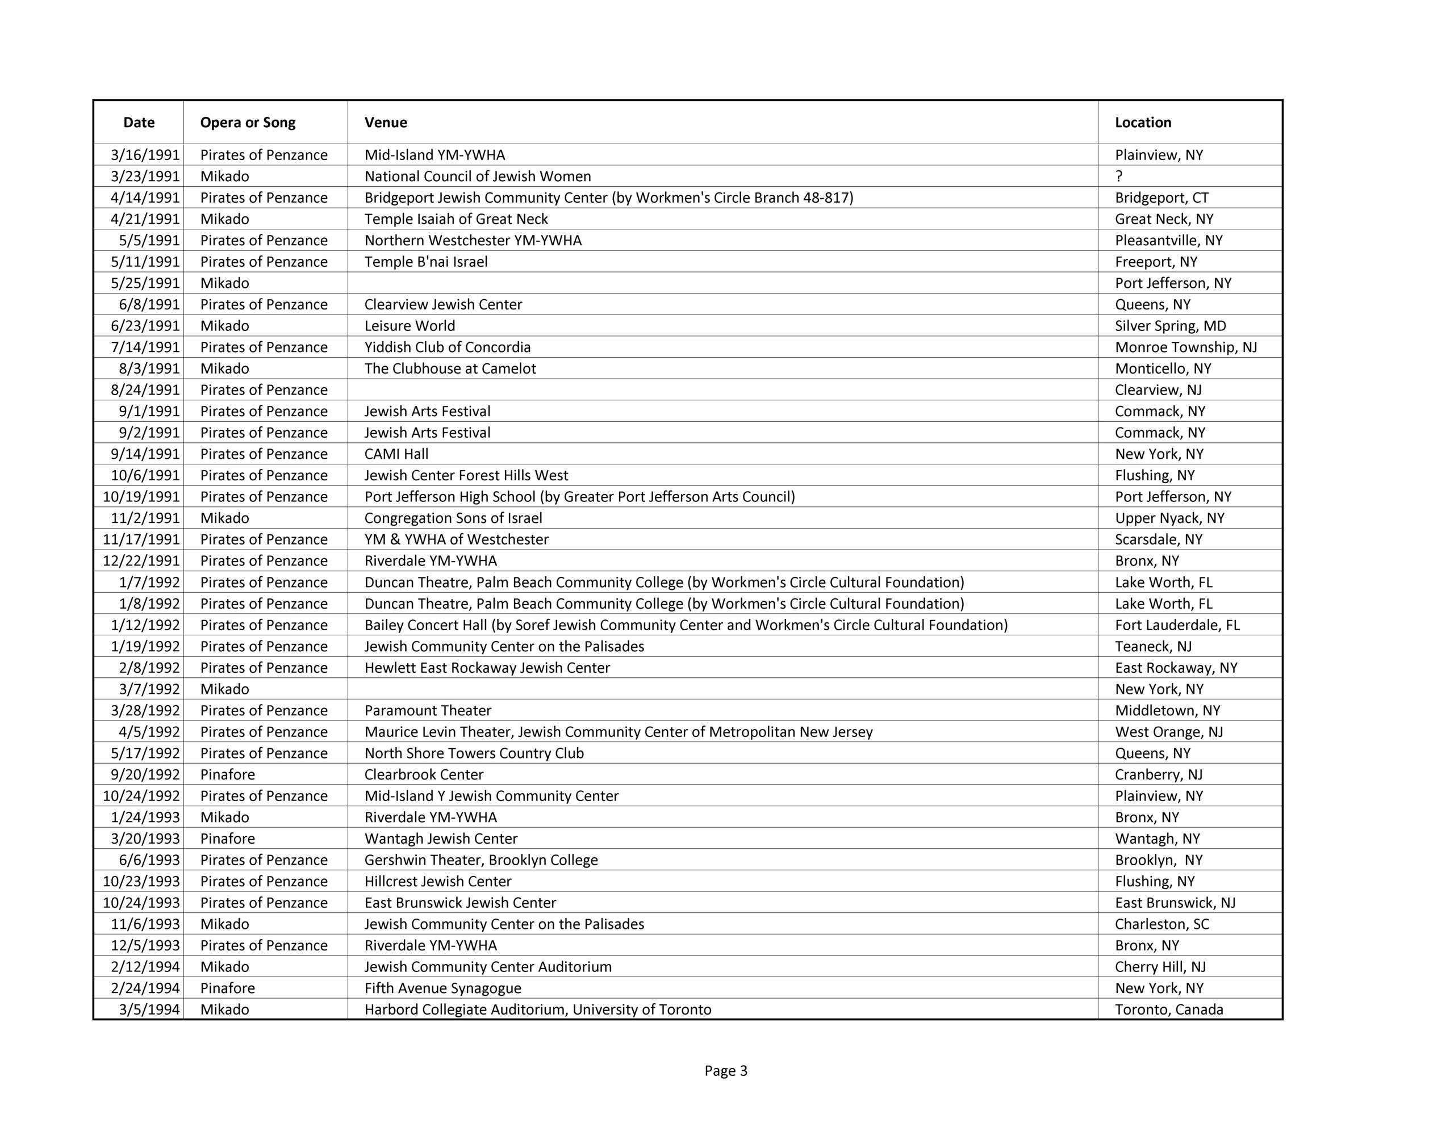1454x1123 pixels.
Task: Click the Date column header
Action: (139, 123)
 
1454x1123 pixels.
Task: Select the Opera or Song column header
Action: (248, 123)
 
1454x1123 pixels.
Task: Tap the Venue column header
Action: (386, 123)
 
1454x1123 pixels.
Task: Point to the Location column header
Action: (1142, 123)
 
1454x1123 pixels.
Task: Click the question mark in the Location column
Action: (1119, 177)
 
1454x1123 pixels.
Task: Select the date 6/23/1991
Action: (145, 325)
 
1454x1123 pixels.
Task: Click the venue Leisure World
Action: (410, 325)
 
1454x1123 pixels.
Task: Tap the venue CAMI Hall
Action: (396, 454)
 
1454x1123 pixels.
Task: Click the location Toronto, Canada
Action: (1168, 1009)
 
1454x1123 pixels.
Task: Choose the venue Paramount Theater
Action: (428, 710)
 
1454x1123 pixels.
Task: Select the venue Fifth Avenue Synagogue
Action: (442, 988)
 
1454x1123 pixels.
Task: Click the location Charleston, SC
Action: (1161, 924)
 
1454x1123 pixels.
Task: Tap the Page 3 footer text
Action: (726, 1070)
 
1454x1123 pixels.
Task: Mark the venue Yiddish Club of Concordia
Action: (448, 347)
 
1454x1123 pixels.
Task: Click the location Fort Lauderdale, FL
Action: (1177, 625)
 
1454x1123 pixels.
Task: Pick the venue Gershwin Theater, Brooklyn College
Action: (481, 860)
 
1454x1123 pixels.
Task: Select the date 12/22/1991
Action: (141, 560)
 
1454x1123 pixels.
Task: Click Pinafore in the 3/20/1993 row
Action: (228, 839)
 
